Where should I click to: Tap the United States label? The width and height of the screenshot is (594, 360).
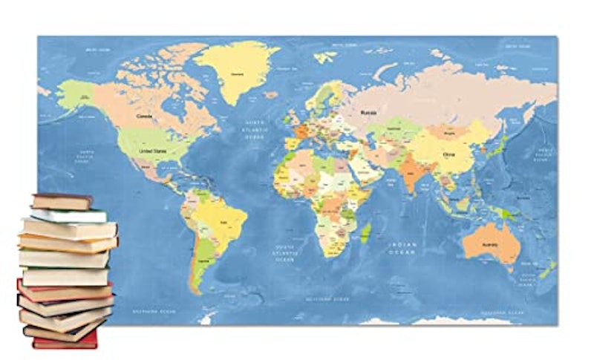tap(149, 150)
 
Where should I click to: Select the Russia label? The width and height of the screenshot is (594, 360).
tap(369, 112)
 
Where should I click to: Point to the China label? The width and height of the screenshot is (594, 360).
tap(449, 155)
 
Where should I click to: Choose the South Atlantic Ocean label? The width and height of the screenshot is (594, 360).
tap(284, 253)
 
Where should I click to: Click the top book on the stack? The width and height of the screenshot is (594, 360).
tap(62, 200)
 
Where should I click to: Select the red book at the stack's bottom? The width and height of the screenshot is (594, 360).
tap(65, 341)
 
